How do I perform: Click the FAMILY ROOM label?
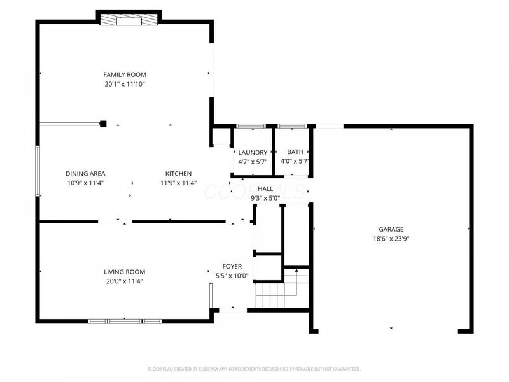tap(125, 74)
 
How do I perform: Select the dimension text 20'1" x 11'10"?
tap(125, 84)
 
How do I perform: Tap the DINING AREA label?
tap(85, 173)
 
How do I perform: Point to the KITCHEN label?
tap(178, 173)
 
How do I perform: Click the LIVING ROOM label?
tap(125, 271)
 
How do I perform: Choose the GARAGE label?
tap(391, 229)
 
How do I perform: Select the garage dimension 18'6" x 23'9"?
tap(391, 239)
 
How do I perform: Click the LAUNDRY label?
tap(253, 152)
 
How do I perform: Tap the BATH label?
tap(295, 152)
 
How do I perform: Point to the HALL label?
tap(265, 189)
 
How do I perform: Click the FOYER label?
tap(232, 266)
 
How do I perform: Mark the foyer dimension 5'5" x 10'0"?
tap(232, 276)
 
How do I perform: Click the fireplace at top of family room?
tap(128, 20)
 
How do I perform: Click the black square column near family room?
tap(103, 124)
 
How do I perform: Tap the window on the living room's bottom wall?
tap(125, 321)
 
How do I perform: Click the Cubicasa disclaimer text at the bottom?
tap(254, 369)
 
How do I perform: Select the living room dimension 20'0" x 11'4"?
tap(125, 281)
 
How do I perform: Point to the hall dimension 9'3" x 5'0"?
tap(265, 198)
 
